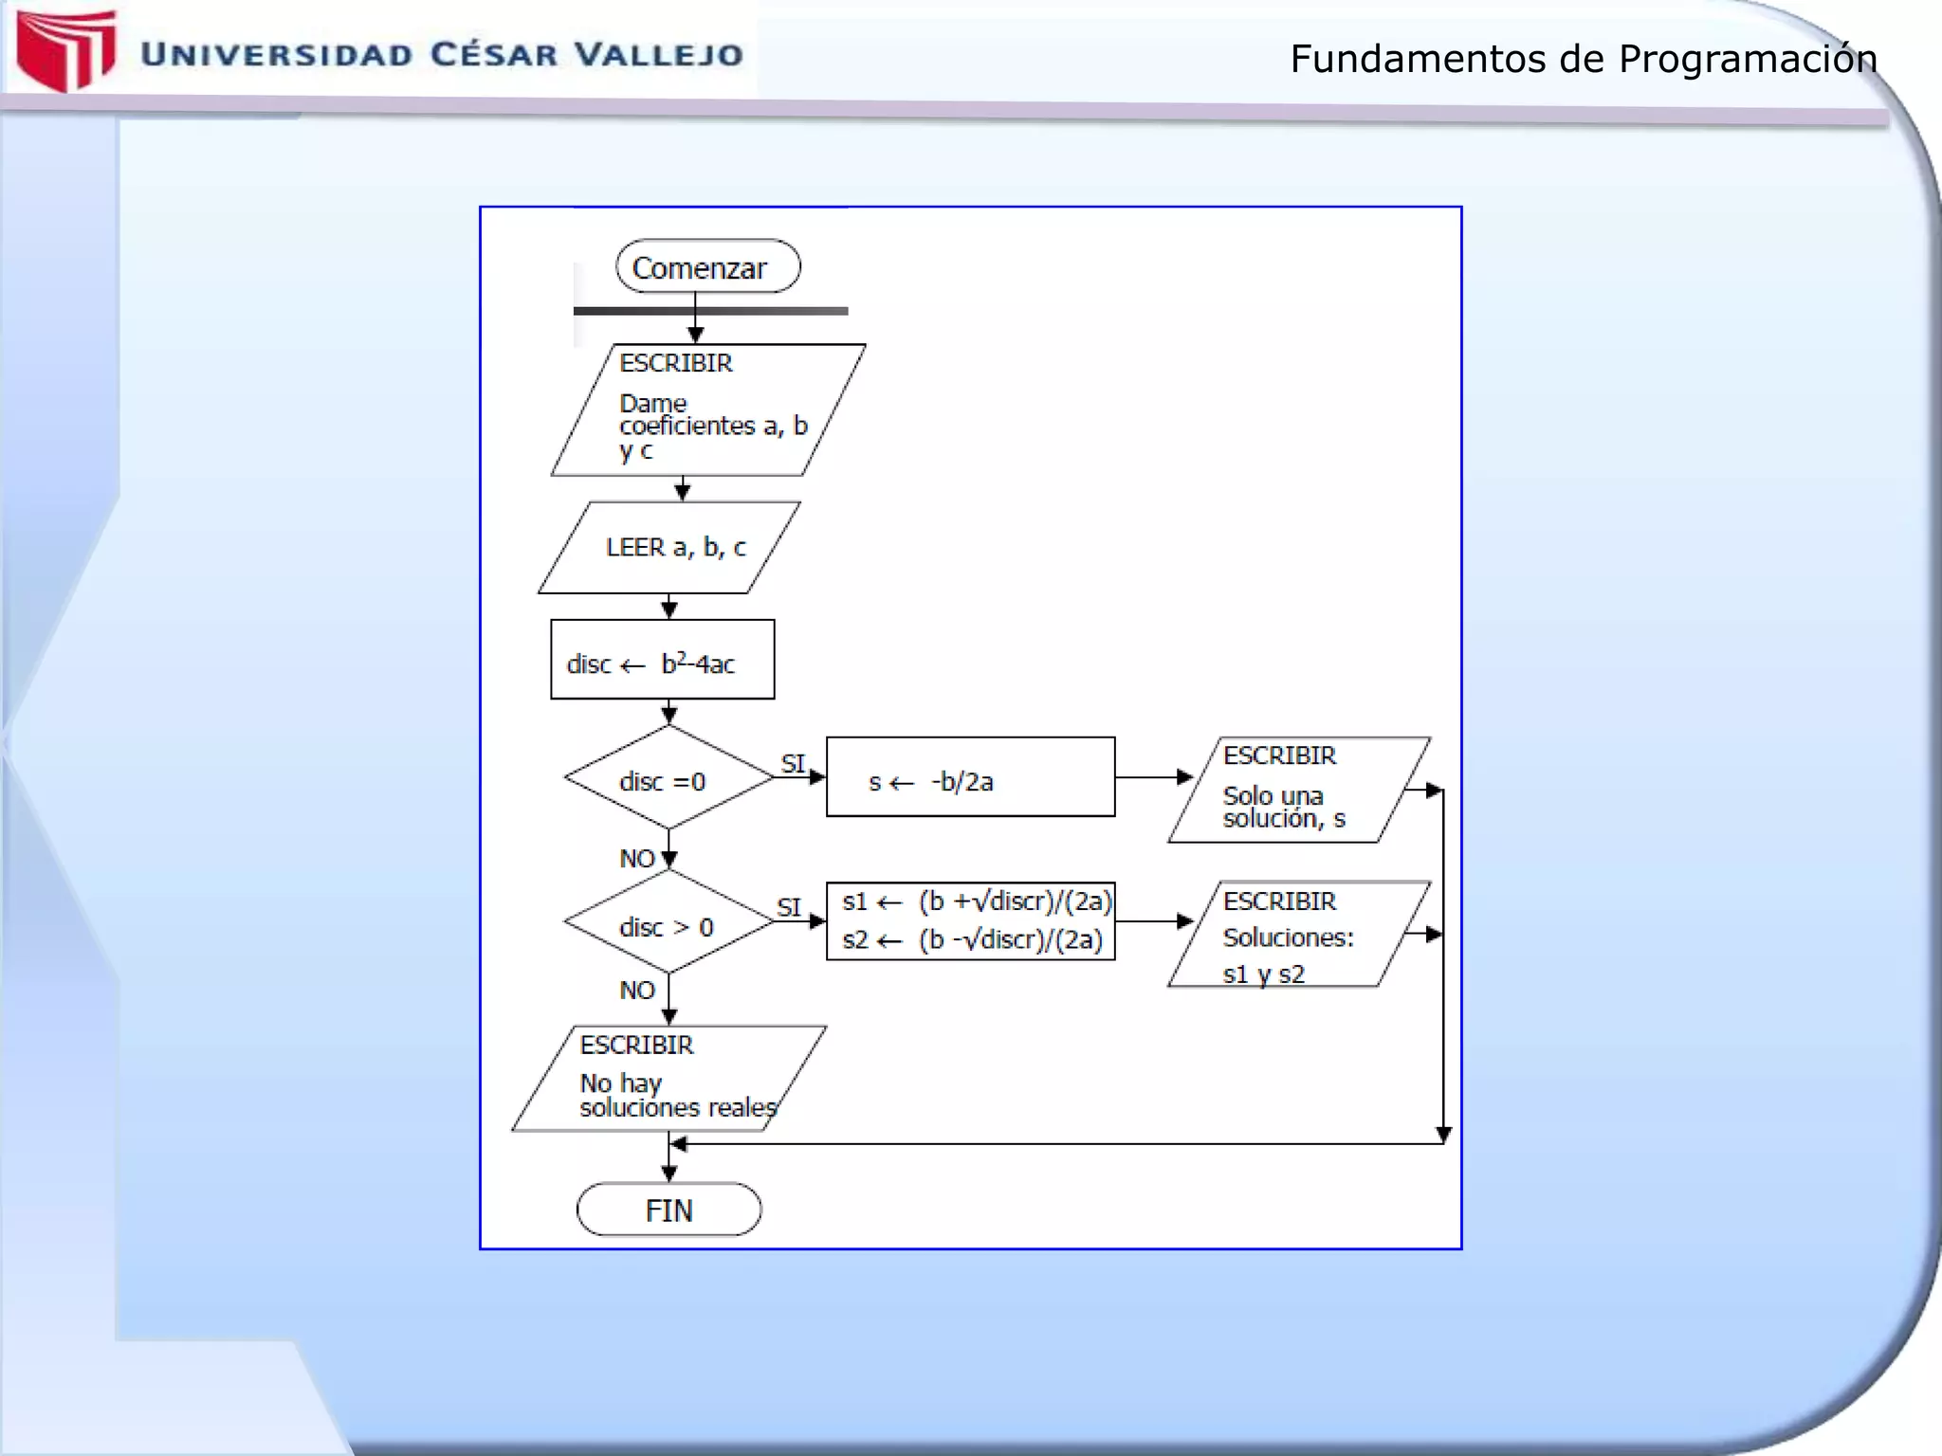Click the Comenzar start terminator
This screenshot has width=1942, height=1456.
pos(707,266)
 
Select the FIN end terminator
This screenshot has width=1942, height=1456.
pos(669,1210)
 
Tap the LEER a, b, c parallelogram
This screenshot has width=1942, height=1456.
pos(669,548)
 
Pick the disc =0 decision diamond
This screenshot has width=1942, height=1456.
pos(669,778)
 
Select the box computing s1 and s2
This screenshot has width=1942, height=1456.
pos(970,921)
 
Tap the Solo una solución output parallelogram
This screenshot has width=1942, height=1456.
pos(1297,791)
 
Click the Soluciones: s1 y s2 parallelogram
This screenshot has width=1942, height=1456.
pos(1297,935)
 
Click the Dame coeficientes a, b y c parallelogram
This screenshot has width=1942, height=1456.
pos(707,410)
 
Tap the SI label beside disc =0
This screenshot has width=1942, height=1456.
pos(793,763)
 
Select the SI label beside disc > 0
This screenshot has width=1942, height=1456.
pos(789,907)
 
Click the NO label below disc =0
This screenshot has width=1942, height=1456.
pos(637,859)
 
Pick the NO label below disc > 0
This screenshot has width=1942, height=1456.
pos(637,991)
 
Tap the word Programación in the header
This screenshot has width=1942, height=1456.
pos(1747,60)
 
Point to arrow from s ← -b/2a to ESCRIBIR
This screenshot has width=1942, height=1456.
pos(1152,777)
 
